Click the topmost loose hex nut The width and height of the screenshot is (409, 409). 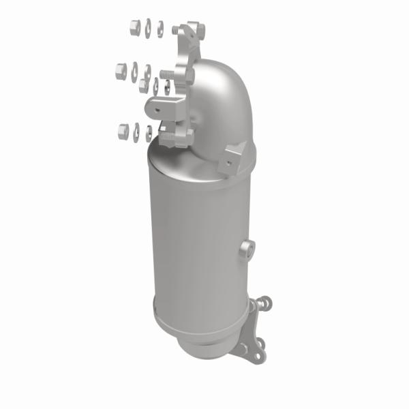pos(134,27)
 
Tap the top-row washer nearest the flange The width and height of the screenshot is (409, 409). pos(160,29)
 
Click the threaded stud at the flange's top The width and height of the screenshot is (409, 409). pos(177,31)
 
